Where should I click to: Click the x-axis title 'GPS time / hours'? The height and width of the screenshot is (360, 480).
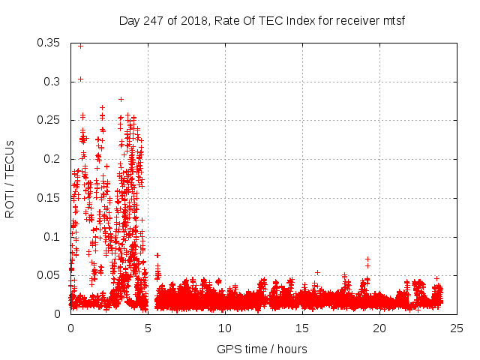pos(262,349)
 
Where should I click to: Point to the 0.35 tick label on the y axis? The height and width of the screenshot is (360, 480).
pos(49,43)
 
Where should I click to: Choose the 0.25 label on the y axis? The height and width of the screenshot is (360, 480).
pos(49,120)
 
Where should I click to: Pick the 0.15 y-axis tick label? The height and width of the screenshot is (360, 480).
pos(49,198)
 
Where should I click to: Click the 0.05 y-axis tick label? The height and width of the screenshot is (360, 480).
pos(49,275)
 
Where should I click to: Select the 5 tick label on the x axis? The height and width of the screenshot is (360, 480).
pos(148,328)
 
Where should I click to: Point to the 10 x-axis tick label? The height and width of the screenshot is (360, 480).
pos(225,328)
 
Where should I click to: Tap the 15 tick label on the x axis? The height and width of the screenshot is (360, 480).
pos(302,328)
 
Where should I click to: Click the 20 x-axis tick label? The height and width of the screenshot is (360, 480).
pos(379,328)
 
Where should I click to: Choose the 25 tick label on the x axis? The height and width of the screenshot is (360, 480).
pos(457,328)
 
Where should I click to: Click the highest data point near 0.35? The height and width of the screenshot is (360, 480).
pos(80,46)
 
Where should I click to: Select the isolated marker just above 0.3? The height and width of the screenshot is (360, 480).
pos(80,79)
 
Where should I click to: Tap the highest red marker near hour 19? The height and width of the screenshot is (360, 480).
pos(367,259)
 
